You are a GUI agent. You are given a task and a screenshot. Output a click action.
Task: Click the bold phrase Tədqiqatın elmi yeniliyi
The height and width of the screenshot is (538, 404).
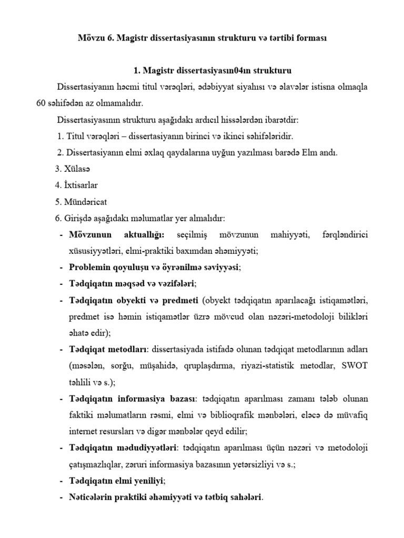(117, 480)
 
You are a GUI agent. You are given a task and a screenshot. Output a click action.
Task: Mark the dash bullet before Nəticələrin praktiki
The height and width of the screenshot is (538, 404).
(62, 496)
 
